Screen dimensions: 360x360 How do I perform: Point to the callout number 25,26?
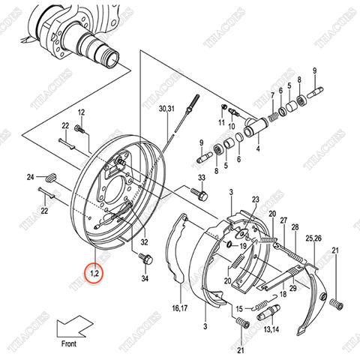click(315, 238)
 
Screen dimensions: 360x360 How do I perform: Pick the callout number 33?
click(201, 177)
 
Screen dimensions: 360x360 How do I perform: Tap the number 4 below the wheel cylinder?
click(257, 148)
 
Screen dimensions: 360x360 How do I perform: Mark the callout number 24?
click(30, 177)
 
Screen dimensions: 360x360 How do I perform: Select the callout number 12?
click(82, 112)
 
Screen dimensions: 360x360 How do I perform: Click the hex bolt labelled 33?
click(201, 194)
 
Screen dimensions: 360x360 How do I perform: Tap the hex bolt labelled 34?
click(146, 259)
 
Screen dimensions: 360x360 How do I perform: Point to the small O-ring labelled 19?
click(228, 244)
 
